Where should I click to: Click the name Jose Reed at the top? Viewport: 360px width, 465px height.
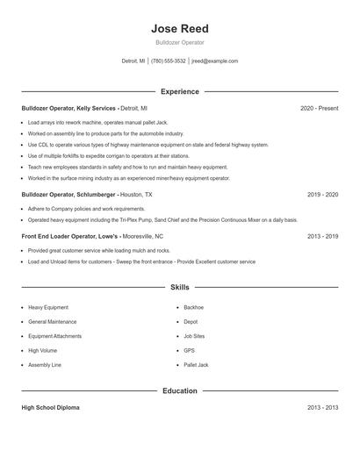(179, 29)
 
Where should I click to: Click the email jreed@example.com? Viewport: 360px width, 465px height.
(215, 61)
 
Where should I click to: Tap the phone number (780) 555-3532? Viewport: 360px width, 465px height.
(169, 61)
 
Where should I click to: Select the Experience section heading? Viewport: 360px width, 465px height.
(179, 91)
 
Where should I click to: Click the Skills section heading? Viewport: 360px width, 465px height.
(179, 287)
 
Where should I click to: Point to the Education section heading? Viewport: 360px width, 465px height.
(179, 390)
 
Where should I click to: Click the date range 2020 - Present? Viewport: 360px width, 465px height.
(319, 108)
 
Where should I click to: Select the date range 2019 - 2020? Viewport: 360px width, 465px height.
(323, 194)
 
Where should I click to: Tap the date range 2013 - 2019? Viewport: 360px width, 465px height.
(323, 236)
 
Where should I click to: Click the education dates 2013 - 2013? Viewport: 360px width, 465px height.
(323, 408)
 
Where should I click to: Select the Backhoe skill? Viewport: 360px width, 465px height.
(193, 308)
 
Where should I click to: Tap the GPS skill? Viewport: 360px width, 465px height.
(189, 350)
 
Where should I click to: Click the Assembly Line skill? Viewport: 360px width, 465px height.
(44, 364)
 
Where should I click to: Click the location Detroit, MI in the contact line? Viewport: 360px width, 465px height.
(133, 61)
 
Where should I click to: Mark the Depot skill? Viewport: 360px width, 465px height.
(191, 322)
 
